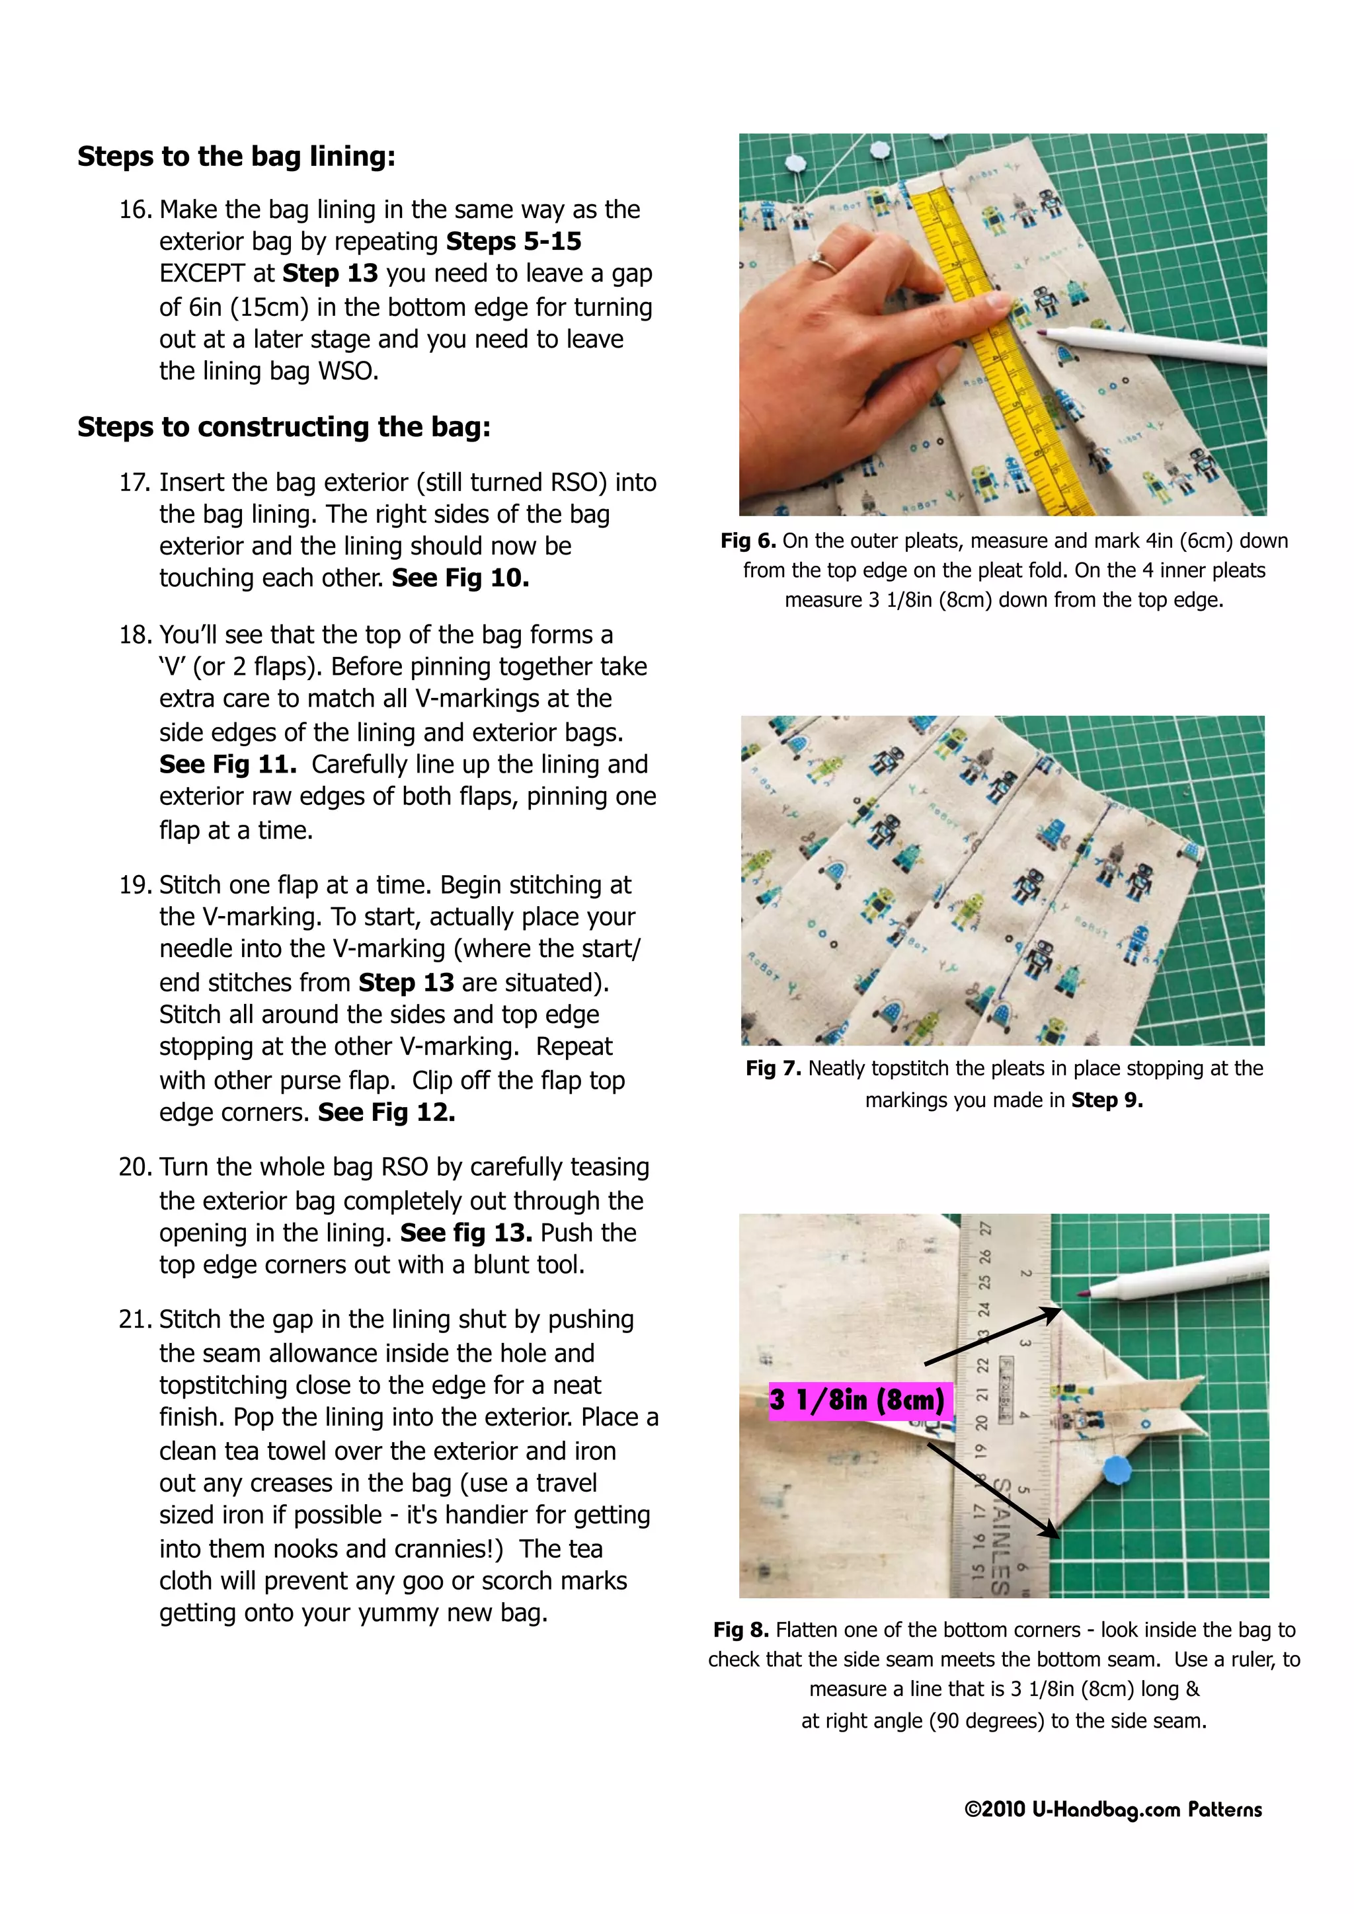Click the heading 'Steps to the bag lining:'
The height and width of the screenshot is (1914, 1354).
point(236,156)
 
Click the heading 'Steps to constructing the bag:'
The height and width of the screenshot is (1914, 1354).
point(284,427)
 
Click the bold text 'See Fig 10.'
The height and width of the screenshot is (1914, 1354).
point(460,578)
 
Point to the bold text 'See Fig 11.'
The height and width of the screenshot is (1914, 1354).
point(227,765)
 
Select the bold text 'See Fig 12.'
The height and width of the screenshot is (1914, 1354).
point(386,1112)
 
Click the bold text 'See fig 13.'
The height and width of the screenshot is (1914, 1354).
point(465,1232)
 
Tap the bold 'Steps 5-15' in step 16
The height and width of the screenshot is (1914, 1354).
point(514,241)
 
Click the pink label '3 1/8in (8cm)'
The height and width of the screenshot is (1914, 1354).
point(857,1400)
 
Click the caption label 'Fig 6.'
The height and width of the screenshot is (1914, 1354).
point(748,541)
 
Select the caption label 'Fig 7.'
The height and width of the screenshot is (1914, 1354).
point(773,1069)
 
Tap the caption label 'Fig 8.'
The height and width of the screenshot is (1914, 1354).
point(740,1630)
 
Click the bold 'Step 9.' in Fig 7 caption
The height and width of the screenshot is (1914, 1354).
point(1106,1100)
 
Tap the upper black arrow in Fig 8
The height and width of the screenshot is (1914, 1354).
point(992,1336)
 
